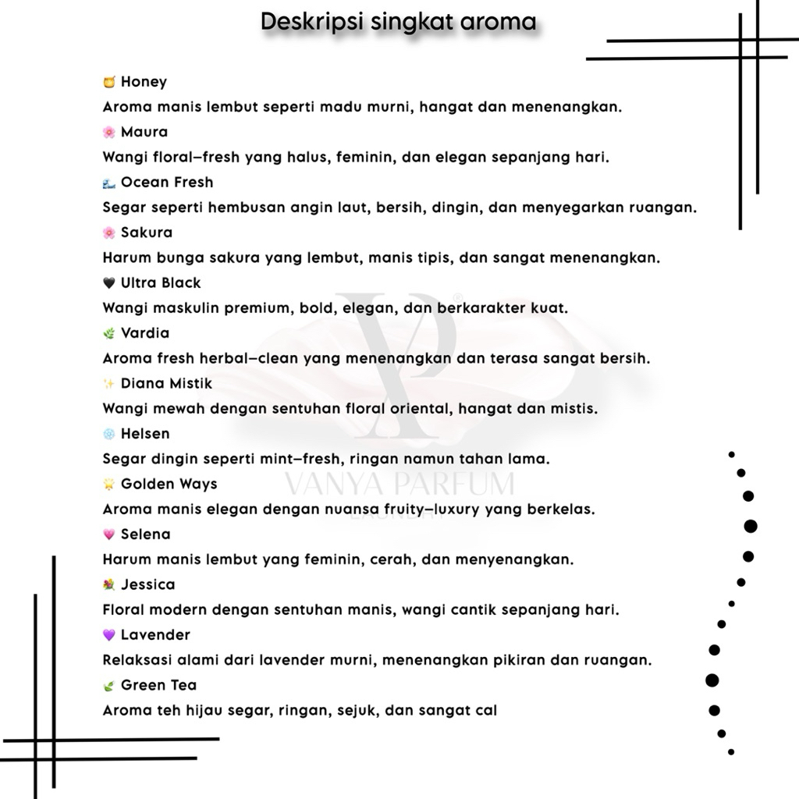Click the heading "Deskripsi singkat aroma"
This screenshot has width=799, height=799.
(x=398, y=22)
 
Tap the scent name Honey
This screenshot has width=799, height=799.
(x=144, y=82)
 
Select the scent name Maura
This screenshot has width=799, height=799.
(x=144, y=132)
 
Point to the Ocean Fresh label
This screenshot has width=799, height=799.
(x=167, y=183)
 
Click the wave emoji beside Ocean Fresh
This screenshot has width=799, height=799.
(x=109, y=183)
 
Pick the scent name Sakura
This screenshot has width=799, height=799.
(x=147, y=233)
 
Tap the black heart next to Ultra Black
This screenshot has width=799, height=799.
(x=109, y=283)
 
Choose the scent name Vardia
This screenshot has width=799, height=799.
(x=145, y=333)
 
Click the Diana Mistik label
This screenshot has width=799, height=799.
(x=166, y=384)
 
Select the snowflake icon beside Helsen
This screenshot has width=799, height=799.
(x=109, y=434)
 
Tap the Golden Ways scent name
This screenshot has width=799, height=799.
(x=169, y=485)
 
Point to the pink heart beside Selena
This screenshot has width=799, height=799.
(x=109, y=534)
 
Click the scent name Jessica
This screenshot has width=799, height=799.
(x=148, y=585)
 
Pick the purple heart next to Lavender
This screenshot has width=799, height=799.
(x=109, y=635)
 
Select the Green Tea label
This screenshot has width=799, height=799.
(x=158, y=686)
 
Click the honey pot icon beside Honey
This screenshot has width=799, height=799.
(x=109, y=82)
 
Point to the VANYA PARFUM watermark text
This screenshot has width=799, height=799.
(x=399, y=485)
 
